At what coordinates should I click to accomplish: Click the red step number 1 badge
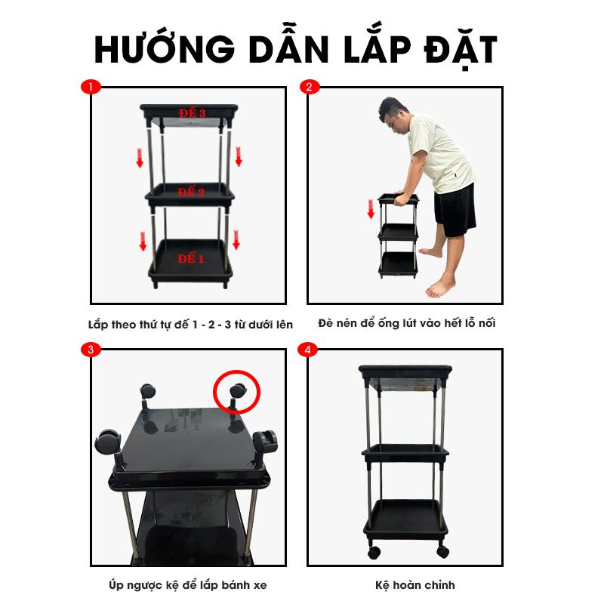pyautogui.click(x=91, y=87)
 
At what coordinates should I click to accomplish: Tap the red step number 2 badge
pyautogui.click(x=310, y=87)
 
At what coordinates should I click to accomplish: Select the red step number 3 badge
pyautogui.click(x=91, y=350)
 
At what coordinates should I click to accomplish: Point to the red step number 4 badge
pyautogui.click(x=307, y=350)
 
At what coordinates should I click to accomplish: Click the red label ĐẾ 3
pyautogui.click(x=192, y=112)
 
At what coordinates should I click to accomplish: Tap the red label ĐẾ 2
pyautogui.click(x=191, y=192)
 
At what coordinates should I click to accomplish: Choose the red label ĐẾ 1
pyautogui.click(x=191, y=258)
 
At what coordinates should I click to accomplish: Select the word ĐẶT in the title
pyautogui.click(x=461, y=50)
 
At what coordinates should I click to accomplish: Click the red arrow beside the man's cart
pyautogui.click(x=371, y=209)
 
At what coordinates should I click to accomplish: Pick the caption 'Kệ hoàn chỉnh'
pyautogui.click(x=414, y=585)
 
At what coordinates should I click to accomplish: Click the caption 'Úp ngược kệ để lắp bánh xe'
pyautogui.click(x=187, y=586)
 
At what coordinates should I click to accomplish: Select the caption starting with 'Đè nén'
pyautogui.click(x=407, y=323)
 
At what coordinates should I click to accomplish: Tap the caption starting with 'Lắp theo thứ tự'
pyautogui.click(x=190, y=325)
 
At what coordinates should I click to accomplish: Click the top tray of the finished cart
pyautogui.click(x=405, y=371)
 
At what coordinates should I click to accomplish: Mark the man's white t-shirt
pyautogui.click(x=441, y=153)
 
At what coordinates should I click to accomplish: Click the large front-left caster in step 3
pyautogui.click(x=108, y=442)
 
